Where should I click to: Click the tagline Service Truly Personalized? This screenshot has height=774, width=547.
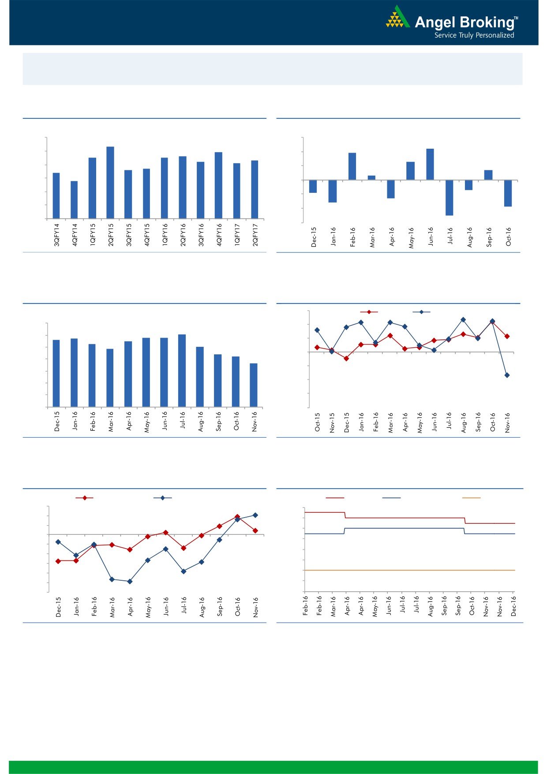point(474,35)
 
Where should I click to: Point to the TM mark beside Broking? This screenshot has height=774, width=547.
point(516,19)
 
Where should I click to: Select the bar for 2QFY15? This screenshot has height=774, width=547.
point(110,183)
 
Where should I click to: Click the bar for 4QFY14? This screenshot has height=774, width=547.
point(74,200)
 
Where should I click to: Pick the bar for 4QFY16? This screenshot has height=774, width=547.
point(218,185)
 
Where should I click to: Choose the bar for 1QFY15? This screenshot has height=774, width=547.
point(92,188)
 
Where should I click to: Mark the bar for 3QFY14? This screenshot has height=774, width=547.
point(56,195)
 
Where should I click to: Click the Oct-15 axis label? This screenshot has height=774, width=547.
point(318,422)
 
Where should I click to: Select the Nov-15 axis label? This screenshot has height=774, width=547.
point(332,422)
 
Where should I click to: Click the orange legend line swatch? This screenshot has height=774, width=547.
point(471,498)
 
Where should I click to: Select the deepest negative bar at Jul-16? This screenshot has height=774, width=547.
point(450,198)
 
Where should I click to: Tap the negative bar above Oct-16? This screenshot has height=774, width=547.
point(508,193)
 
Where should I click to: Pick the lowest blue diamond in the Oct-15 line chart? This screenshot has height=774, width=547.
point(507,375)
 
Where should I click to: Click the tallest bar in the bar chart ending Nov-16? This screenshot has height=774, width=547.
point(182,371)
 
